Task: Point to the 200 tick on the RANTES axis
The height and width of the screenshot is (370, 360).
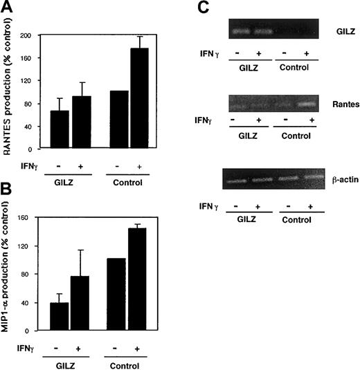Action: (x=31, y=35)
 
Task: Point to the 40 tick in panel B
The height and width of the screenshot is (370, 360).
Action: (x=33, y=303)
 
